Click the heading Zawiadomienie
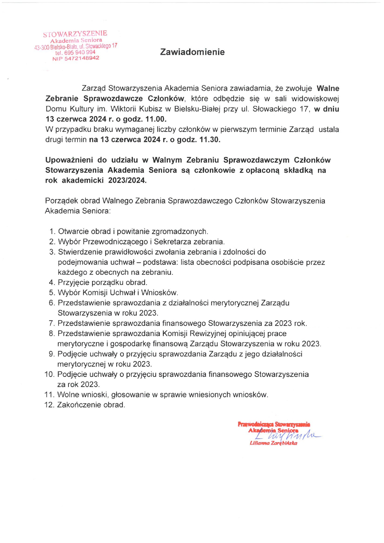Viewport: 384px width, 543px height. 192,52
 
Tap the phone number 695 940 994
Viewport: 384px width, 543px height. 80,52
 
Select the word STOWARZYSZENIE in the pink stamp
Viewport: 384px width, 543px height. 75,34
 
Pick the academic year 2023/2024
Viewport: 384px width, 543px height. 127,180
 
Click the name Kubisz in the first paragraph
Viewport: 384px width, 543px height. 151,109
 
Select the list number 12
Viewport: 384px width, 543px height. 50,405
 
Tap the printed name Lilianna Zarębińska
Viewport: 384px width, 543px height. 273,443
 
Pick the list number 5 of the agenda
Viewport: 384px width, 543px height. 52,293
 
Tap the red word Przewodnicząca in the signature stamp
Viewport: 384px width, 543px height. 255,424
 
